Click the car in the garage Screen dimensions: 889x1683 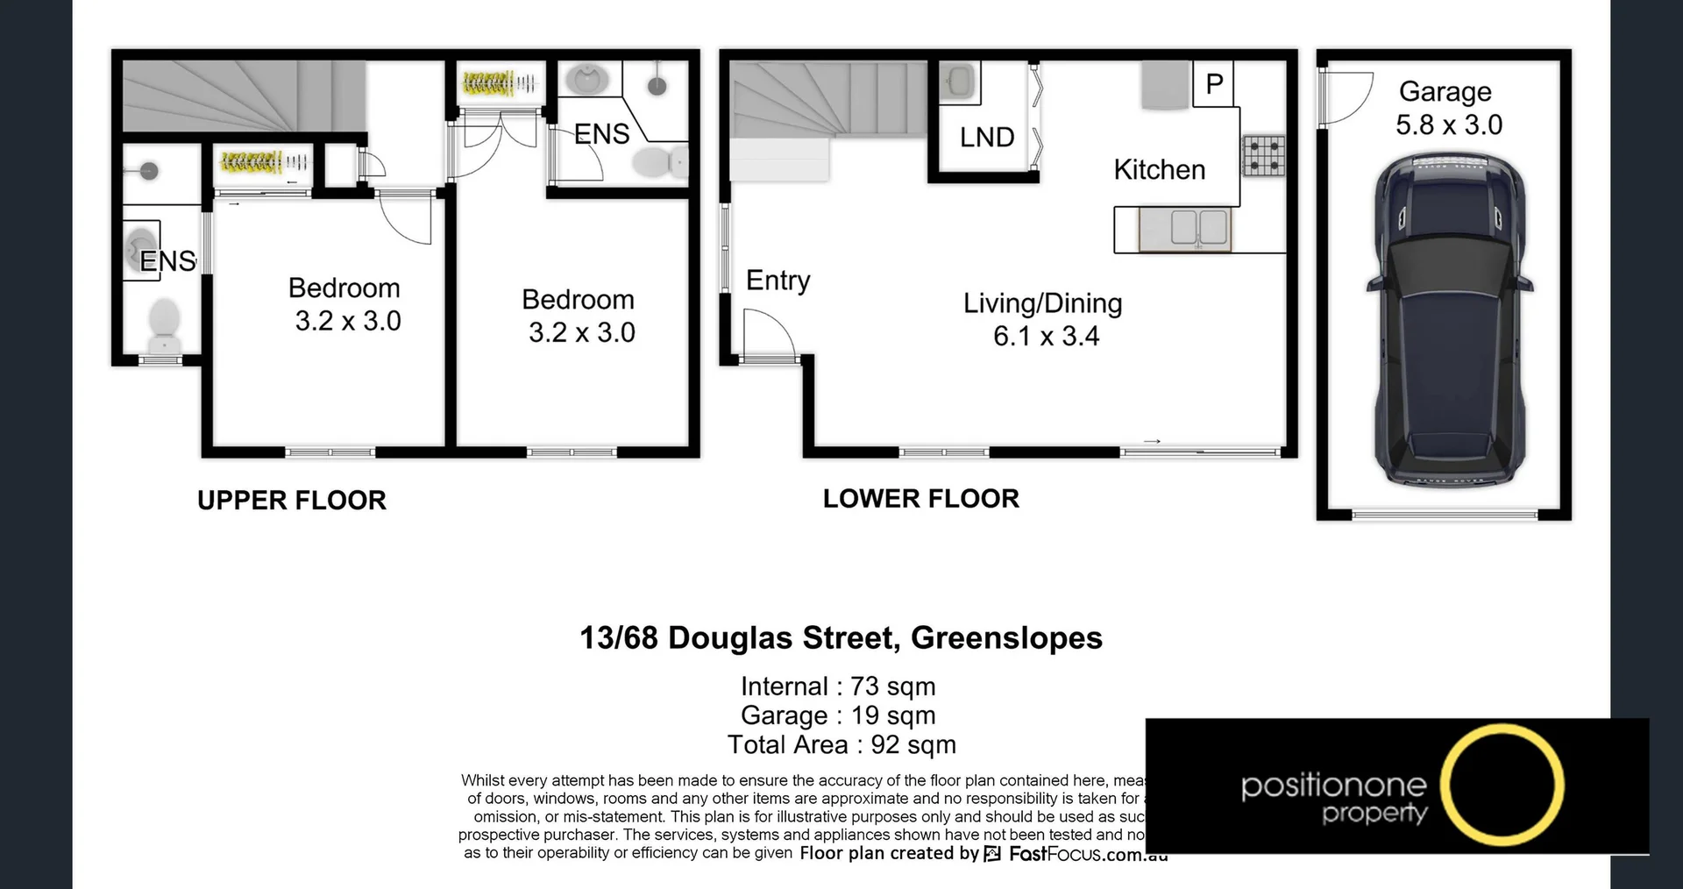pyautogui.click(x=1449, y=320)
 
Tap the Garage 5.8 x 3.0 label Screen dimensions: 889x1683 pyautogui.click(x=1448, y=108)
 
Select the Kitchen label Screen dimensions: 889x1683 pyautogui.click(x=1159, y=169)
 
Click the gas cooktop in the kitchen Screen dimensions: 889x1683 pyautogui.click(x=1263, y=158)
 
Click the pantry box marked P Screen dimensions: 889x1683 pyautogui.click(x=1214, y=84)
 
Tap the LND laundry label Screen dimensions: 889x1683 pyautogui.click(x=987, y=137)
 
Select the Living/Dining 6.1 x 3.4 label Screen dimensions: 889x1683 pyautogui.click(x=1043, y=319)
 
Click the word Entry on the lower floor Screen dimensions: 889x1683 pyautogui.click(x=778, y=281)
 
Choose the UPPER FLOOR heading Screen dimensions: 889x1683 pyautogui.click(x=292, y=501)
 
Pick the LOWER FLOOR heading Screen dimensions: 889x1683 pyautogui.click(x=920, y=499)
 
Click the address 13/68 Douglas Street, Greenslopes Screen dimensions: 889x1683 pyautogui.click(x=841, y=637)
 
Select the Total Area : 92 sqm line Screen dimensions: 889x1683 pyautogui.click(x=841, y=745)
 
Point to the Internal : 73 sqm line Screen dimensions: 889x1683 pyautogui.click(x=837, y=686)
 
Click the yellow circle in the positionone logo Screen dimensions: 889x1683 pyautogui.click(x=1502, y=785)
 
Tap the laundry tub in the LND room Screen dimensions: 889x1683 pyautogui.click(x=960, y=82)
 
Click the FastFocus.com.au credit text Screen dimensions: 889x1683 pyautogui.click(x=1088, y=854)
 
